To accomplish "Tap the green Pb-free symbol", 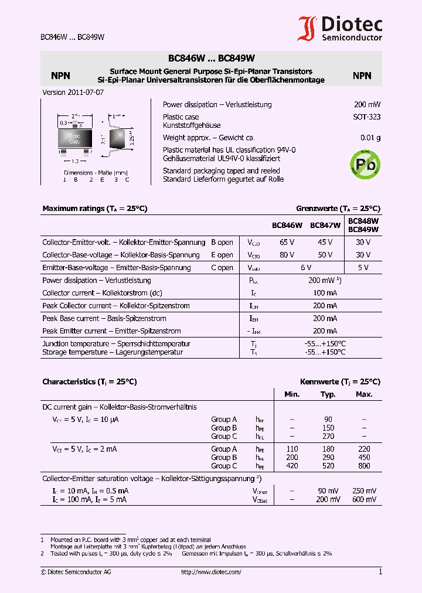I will click(x=365, y=163).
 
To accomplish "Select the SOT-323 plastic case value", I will click(x=366, y=117).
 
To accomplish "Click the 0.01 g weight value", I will click(x=370, y=138).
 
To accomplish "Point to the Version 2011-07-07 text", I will click(x=73, y=93).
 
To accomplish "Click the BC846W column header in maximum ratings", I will click(x=287, y=225).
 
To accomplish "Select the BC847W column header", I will click(x=325, y=225).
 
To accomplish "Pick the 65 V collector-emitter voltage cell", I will click(x=287, y=242).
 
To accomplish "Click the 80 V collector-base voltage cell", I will click(x=287, y=255).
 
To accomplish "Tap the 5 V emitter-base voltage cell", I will click(x=363, y=268).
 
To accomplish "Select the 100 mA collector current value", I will click(x=325, y=293).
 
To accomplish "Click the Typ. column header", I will click(x=328, y=394).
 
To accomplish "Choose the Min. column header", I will click(x=292, y=394).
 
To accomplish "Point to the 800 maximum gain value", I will click(x=364, y=466).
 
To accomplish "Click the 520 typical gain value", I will click(x=328, y=466).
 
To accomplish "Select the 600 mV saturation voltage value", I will click(x=364, y=499).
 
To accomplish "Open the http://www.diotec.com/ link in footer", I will click(x=211, y=572).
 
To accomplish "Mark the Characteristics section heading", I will click(x=89, y=381).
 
